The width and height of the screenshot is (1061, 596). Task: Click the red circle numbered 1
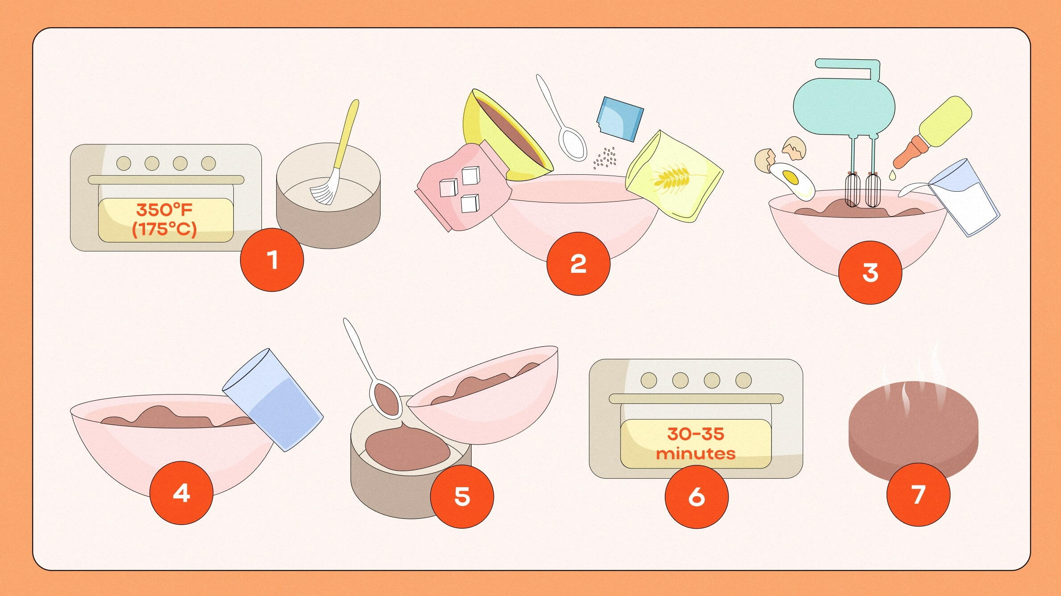(272, 260)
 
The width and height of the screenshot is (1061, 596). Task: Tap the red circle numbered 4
(181, 493)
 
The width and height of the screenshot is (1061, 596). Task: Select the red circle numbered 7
(918, 494)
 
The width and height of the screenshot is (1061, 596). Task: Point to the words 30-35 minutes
(696, 444)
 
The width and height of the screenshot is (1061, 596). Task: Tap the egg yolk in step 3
(790, 177)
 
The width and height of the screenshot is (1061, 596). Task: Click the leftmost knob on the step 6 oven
(648, 380)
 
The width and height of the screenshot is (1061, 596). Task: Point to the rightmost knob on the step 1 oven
(208, 164)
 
